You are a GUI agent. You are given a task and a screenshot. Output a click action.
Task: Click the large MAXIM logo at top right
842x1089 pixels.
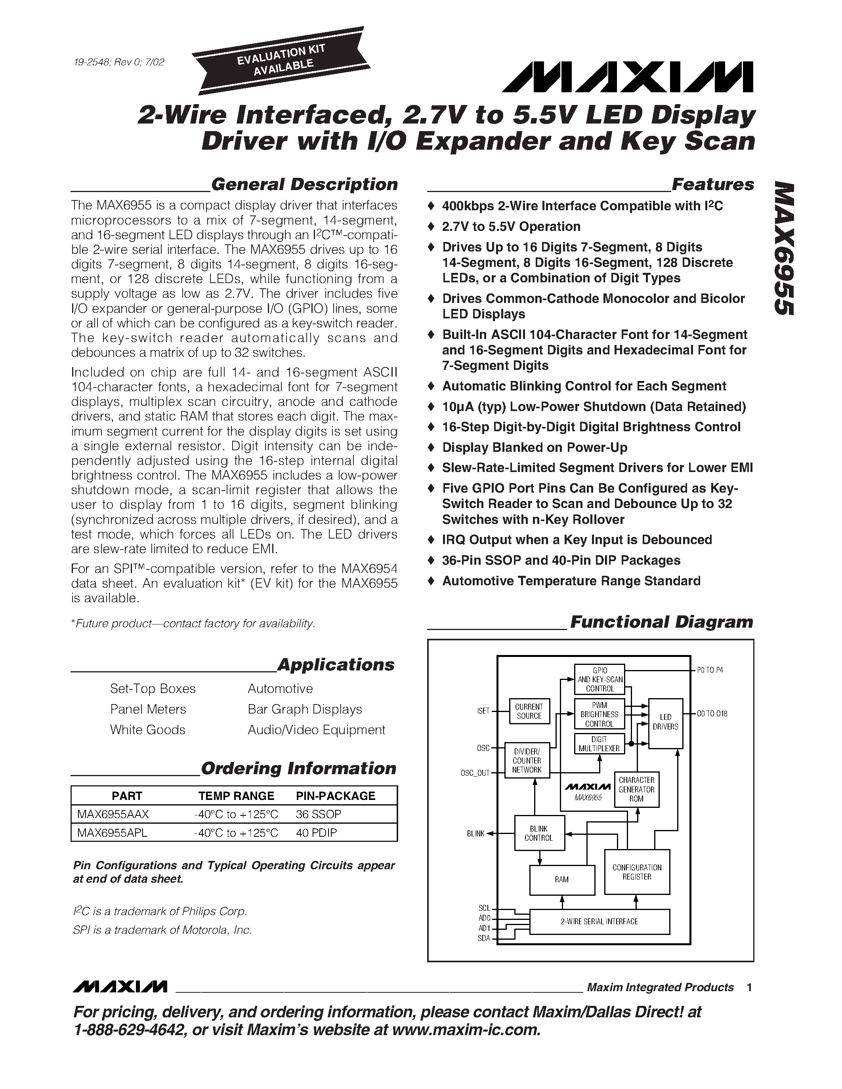(x=628, y=78)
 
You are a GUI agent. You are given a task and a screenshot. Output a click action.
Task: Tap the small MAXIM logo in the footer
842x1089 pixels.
(x=119, y=987)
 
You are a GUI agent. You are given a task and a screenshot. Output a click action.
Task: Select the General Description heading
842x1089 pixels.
(x=304, y=185)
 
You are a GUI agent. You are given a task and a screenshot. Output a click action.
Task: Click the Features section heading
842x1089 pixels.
(x=712, y=185)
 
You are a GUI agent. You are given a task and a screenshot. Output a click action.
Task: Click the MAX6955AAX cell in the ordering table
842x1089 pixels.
(x=113, y=814)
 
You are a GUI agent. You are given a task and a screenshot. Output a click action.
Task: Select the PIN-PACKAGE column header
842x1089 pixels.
(x=335, y=796)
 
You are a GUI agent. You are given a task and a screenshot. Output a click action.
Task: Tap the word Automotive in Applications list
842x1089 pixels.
(x=280, y=689)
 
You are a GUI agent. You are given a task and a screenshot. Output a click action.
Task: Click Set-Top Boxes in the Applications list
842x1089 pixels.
(x=153, y=689)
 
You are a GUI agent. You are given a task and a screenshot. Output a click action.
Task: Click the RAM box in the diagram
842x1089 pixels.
(x=562, y=880)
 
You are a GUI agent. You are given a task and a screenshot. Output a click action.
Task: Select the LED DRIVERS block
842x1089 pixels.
(x=665, y=723)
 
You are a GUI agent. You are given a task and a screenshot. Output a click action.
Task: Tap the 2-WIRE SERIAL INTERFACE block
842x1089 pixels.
(x=599, y=921)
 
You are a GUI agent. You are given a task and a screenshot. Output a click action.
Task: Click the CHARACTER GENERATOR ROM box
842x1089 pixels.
(x=636, y=789)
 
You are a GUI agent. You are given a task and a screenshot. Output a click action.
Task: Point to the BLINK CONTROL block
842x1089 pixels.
(x=539, y=833)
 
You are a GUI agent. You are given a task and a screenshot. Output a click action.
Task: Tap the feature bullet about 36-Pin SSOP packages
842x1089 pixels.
(x=561, y=560)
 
